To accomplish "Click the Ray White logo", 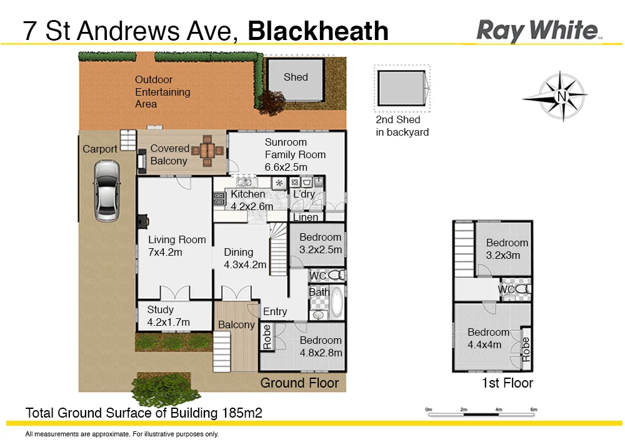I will click(x=538, y=30).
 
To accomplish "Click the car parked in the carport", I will click(x=106, y=191).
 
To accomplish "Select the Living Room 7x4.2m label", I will click(x=177, y=246).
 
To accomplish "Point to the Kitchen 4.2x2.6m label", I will click(x=252, y=200).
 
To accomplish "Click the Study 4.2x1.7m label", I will click(x=168, y=316).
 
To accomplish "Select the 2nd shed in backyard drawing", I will click(x=402, y=89).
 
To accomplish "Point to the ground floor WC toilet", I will click(x=336, y=275).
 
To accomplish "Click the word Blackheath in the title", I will click(x=318, y=31).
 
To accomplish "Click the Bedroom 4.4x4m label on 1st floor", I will click(x=488, y=338).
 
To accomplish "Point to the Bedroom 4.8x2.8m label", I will click(x=320, y=346).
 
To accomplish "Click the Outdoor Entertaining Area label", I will click(x=162, y=91).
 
